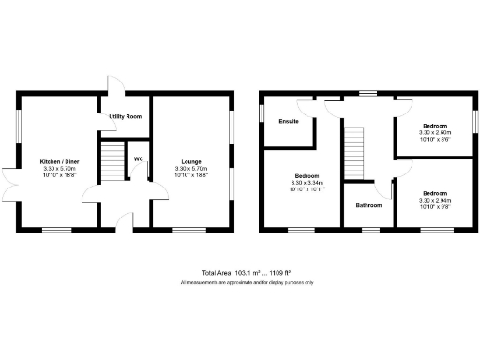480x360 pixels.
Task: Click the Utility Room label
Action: point(125,116)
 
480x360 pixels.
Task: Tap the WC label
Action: point(138,159)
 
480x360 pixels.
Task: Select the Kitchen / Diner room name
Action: point(57,161)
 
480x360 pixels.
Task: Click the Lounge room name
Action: point(191,161)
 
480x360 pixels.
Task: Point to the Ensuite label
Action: point(289,121)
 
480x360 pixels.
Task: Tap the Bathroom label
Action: point(368,204)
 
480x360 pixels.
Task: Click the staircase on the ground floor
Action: point(112,160)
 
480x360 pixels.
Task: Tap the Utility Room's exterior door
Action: point(111,84)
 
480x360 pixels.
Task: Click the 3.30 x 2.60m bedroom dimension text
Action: point(434,132)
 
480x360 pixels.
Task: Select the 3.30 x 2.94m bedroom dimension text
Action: point(434,201)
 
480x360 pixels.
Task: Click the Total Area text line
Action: point(247,273)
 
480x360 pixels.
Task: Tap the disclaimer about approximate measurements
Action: point(247,282)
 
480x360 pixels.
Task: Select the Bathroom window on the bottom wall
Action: point(368,229)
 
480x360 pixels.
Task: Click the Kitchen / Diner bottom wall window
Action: point(57,229)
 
